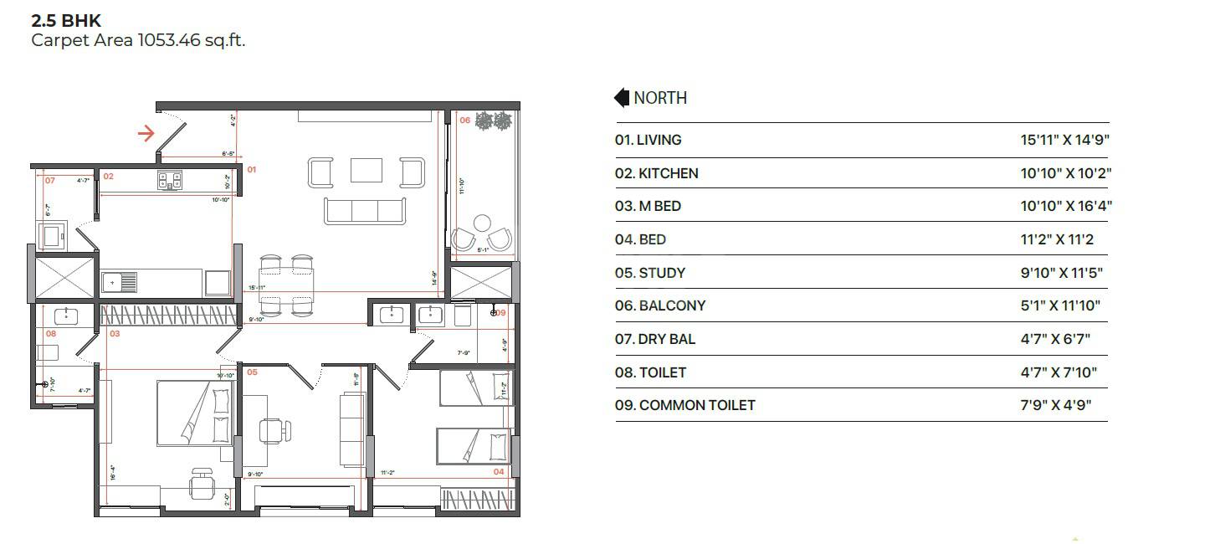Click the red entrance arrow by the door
[x=146, y=133]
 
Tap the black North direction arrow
[x=622, y=98]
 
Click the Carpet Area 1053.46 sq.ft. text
[x=138, y=40]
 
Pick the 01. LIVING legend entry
[x=648, y=141]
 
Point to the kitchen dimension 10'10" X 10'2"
[x=1065, y=173]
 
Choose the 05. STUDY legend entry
[x=650, y=273]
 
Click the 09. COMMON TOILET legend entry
[x=684, y=405]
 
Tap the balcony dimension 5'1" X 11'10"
[x=1060, y=305]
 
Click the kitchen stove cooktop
[x=170, y=178]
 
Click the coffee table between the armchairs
[x=367, y=171]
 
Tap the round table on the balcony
[x=482, y=223]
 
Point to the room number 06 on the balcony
[x=465, y=121]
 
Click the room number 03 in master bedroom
[x=115, y=334]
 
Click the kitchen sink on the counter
[x=119, y=283]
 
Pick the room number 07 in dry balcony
[x=50, y=180]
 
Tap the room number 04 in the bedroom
[x=499, y=472]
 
